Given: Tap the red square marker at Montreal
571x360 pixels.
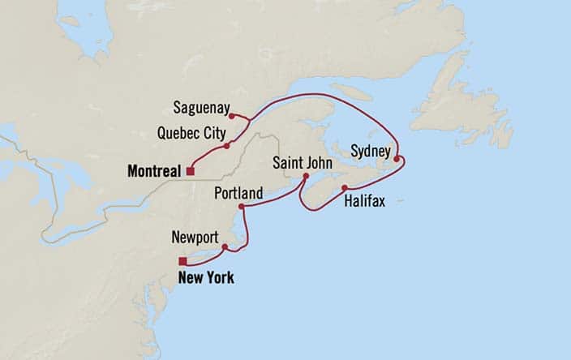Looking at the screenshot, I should click(x=190, y=171).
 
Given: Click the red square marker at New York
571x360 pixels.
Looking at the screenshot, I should click(x=183, y=261).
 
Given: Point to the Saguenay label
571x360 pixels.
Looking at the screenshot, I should click(x=203, y=107).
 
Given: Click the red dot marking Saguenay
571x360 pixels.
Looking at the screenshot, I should click(x=232, y=116).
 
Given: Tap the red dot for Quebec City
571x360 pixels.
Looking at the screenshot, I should click(x=227, y=145).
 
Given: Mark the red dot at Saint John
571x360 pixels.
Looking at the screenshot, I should click(x=306, y=176).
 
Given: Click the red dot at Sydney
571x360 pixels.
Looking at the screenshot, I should click(x=397, y=159).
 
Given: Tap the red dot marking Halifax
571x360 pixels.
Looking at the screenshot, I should click(x=346, y=187).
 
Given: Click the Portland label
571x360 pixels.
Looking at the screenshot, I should click(x=238, y=194).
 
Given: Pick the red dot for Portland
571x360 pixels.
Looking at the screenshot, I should click(x=243, y=208).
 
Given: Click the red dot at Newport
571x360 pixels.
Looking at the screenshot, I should click(x=225, y=247).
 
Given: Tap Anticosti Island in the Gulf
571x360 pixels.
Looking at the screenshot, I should click(x=351, y=92).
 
